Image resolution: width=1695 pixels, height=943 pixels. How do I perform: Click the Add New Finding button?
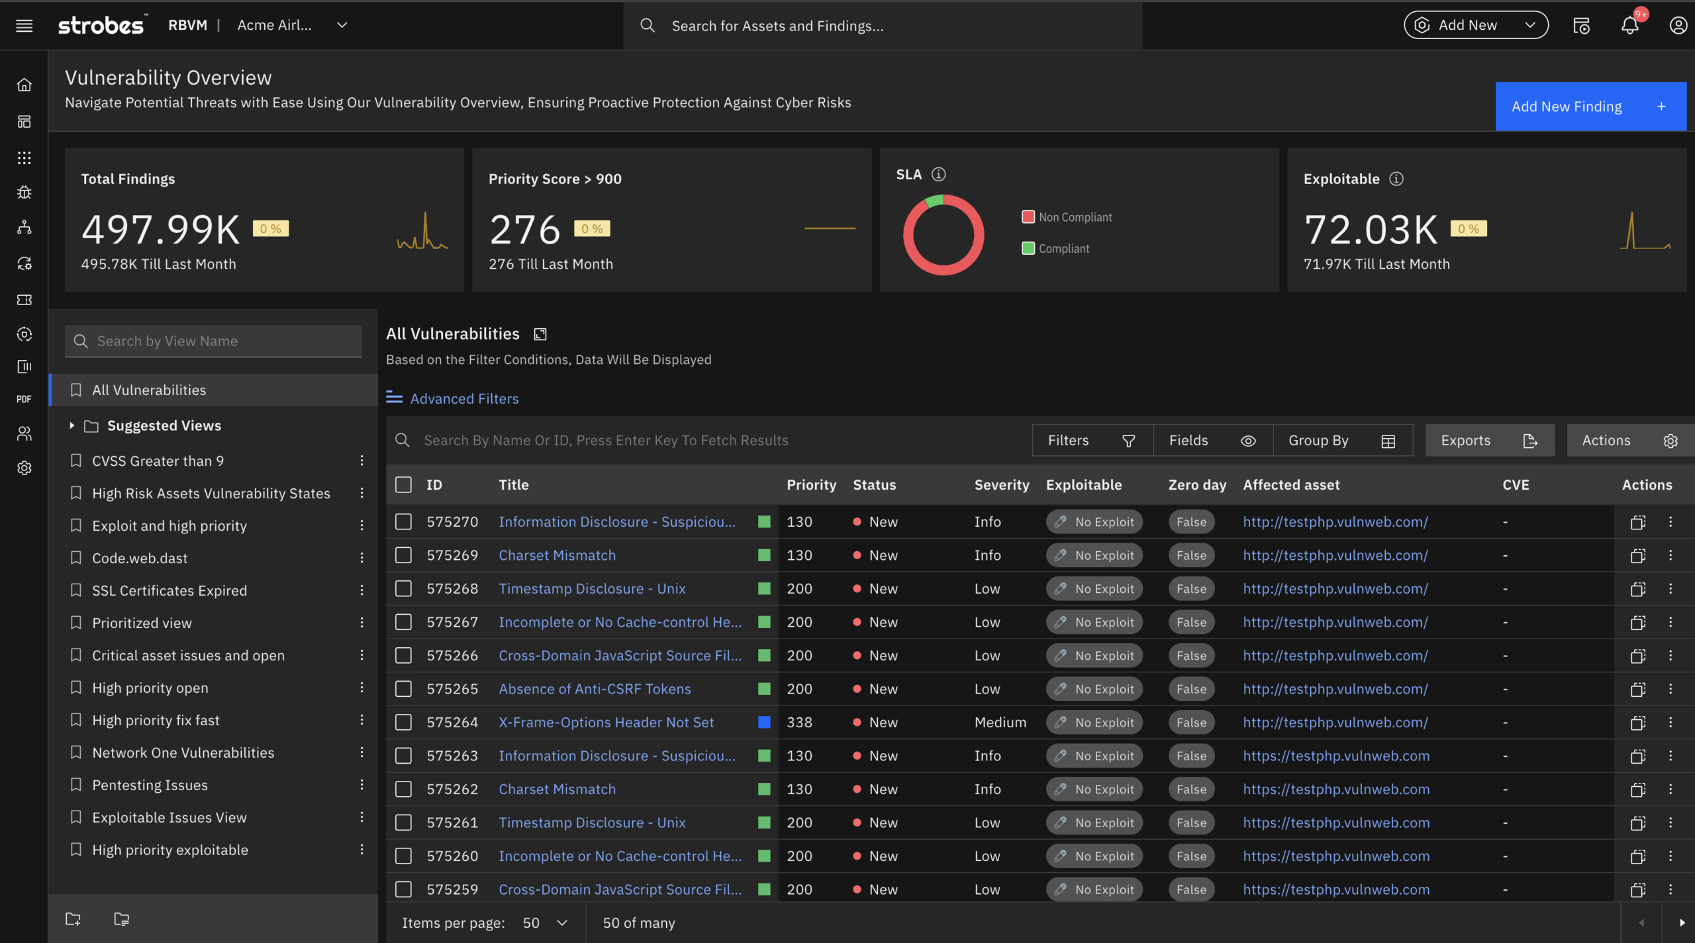pos(1590,107)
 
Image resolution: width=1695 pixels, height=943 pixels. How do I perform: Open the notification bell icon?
pos(1629,26)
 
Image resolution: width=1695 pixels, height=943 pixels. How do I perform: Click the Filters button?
pos(1091,441)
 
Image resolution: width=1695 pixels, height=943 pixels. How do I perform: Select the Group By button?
pos(1341,441)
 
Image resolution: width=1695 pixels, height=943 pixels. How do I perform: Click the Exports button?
pos(1488,441)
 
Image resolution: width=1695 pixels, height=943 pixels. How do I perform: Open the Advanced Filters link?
pos(463,398)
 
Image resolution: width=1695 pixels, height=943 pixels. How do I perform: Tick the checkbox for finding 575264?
pos(403,722)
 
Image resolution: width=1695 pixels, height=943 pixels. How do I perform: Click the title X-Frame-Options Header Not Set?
pos(606,722)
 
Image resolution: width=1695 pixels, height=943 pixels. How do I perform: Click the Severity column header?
pos(1001,484)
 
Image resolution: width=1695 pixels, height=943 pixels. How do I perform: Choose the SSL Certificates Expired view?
pos(169,590)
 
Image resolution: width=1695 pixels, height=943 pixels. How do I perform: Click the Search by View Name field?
pos(213,341)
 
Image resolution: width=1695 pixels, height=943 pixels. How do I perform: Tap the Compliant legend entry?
pos(1063,249)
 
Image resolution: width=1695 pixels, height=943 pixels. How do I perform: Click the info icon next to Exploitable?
pos(1396,179)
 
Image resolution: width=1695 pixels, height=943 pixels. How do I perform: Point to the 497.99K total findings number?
pos(160,230)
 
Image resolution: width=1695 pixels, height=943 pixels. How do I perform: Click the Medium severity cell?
pos(1000,722)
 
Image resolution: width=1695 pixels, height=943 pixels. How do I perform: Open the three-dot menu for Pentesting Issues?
pos(362,785)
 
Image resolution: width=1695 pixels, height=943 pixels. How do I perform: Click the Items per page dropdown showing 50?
pos(545,922)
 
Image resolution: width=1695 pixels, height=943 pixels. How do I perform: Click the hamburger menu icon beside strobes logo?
pos(24,26)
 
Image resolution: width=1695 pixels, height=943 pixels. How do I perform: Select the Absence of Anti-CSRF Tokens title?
pos(595,689)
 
